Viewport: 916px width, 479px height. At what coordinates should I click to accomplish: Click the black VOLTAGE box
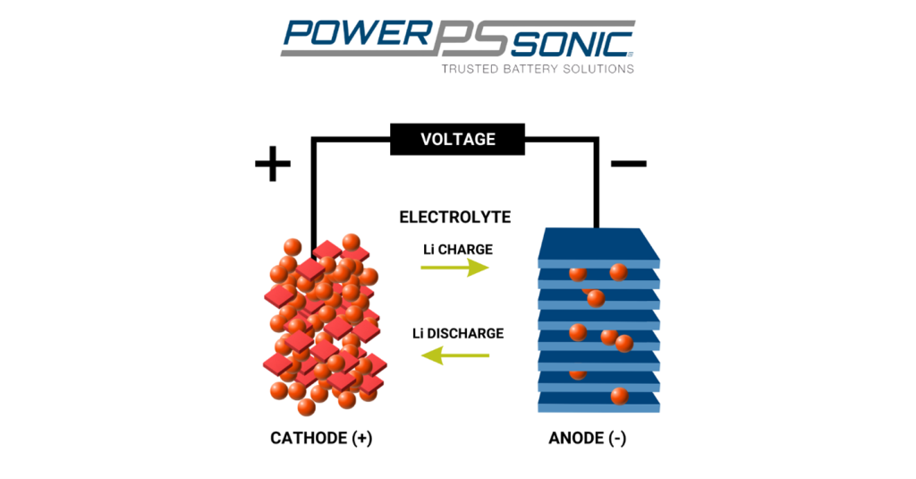tap(457, 140)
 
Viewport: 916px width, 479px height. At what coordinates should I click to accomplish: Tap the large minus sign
tap(628, 164)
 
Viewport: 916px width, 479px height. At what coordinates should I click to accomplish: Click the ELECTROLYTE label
tap(454, 217)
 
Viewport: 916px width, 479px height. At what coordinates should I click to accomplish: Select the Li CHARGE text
tap(458, 249)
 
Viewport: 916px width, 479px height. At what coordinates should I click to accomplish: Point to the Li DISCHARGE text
tap(458, 333)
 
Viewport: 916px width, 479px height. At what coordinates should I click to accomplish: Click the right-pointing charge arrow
tap(455, 268)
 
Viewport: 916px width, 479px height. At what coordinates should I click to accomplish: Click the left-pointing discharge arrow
tap(455, 355)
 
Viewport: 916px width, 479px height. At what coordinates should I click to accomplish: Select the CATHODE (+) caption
tap(321, 439)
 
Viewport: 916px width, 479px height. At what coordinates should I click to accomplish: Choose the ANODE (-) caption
tap(596, 439)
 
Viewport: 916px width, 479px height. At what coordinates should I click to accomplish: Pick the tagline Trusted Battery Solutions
tap(538, 68)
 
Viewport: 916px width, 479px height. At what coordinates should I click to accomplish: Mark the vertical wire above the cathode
tap(313, 192)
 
